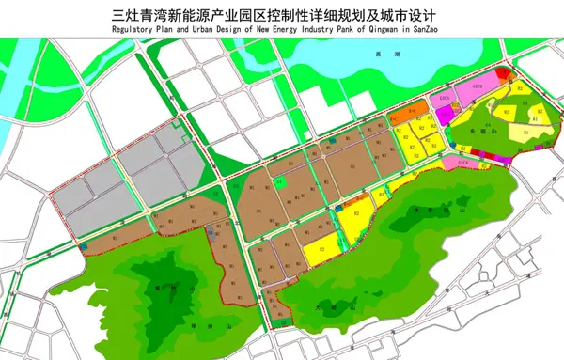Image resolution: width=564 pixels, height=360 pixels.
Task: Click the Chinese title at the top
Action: pyautogui.click(x=282, y=16)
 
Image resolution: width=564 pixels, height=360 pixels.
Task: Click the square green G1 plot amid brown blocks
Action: pyautogui.click(x=282, y=182)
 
